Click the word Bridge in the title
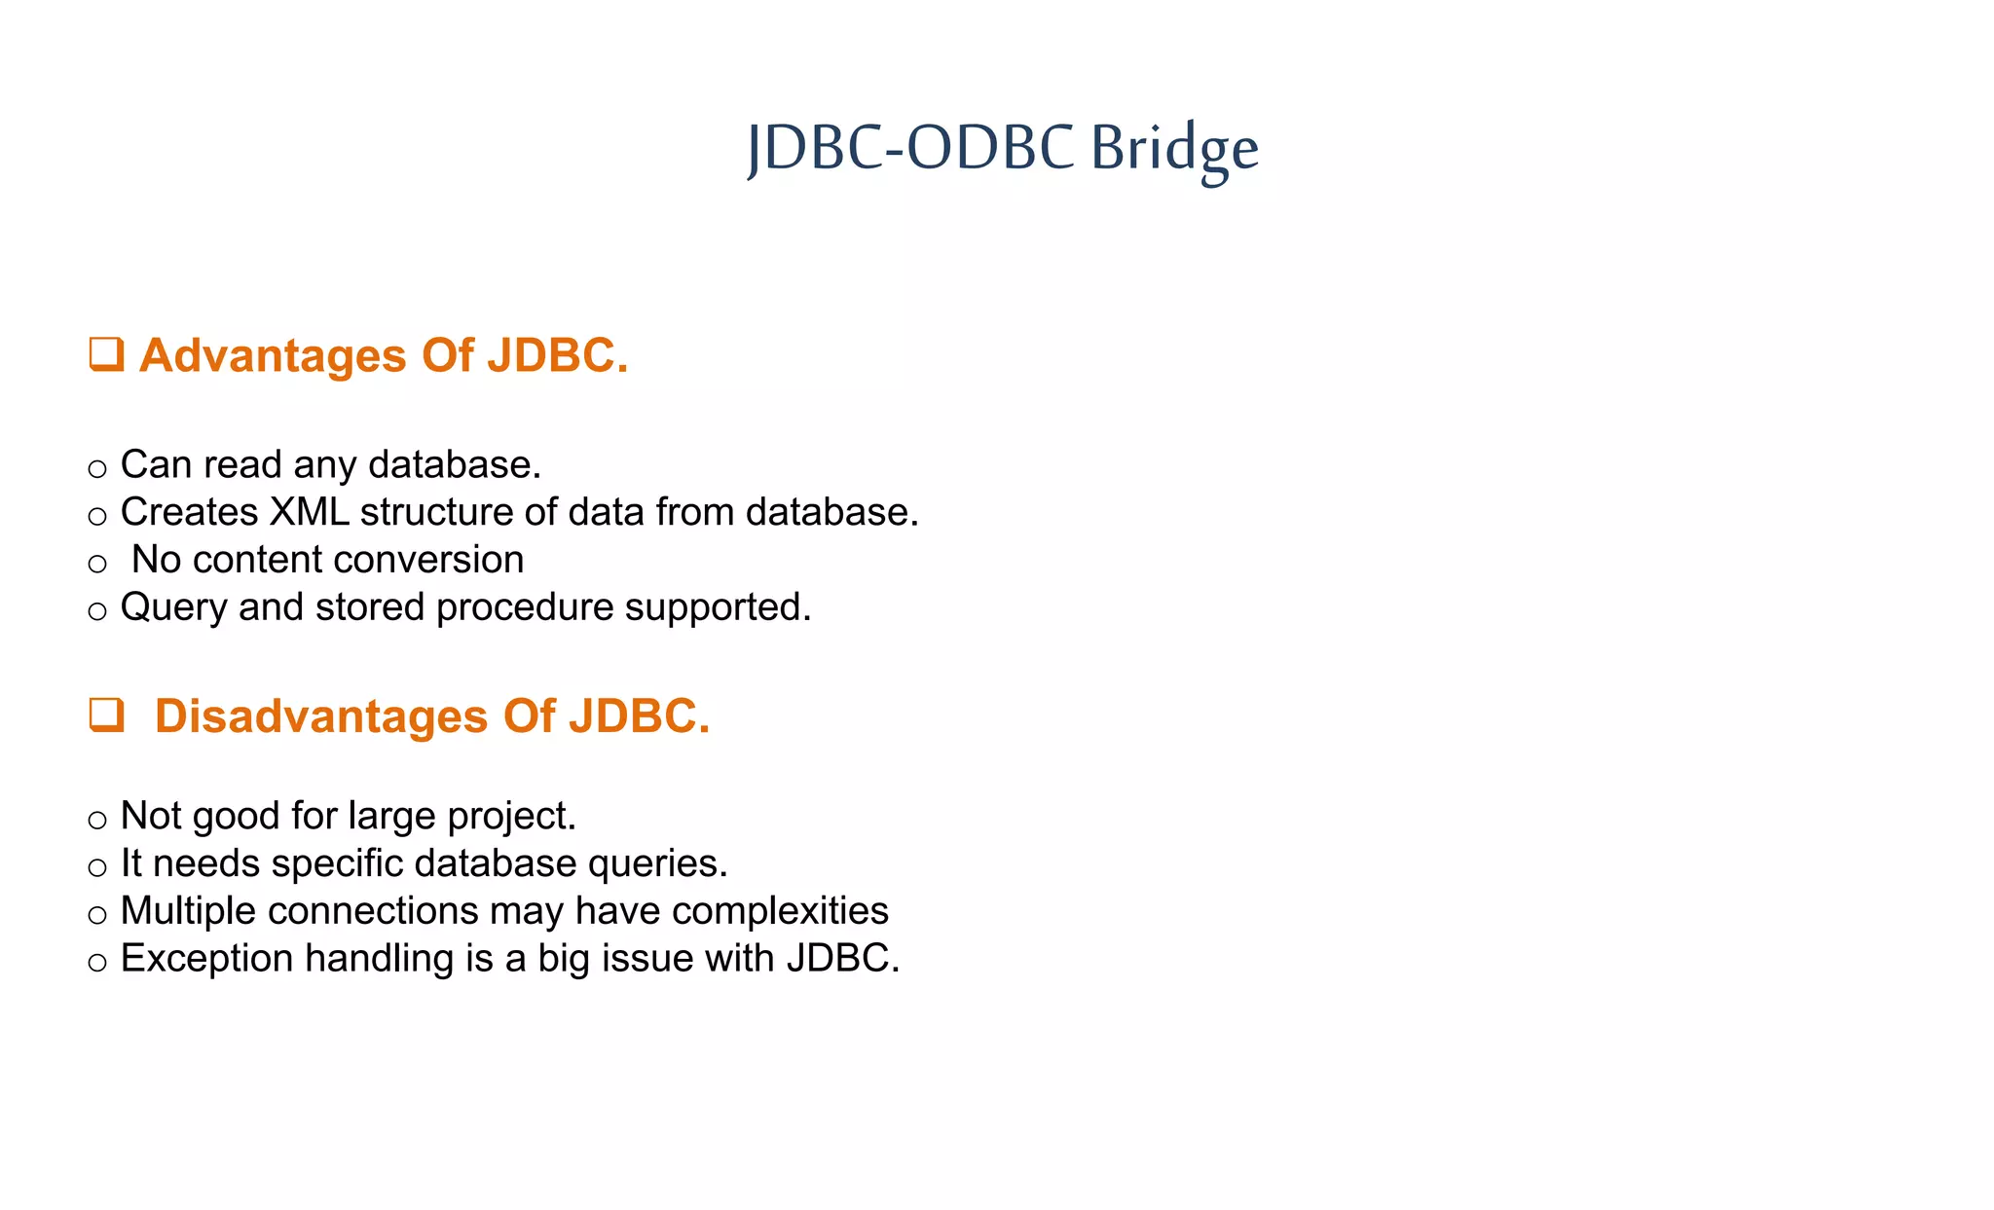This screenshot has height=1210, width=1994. pyautogui.click(x=1173, y=149)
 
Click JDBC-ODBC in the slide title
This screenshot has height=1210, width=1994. pyautogui.click(x=910, y=149)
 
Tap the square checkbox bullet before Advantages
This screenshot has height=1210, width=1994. pyautogui.click(x=106, y=354)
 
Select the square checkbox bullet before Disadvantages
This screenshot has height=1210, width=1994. pyautogui.click(x=106, y=715)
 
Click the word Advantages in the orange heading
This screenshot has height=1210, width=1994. pyautogui.click(x=273, y=355)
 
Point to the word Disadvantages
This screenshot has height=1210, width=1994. pyautogui.click(x=320, y=716)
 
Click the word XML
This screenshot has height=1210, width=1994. pyautogui.click(x=309, y=512)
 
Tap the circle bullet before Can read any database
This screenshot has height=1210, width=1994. pyautogui.click(x=96, y=469)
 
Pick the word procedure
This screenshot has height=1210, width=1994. pyautogui.click(x=525, y=608)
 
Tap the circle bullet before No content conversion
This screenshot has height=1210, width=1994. pyautogui.click(x=96, y=564)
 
